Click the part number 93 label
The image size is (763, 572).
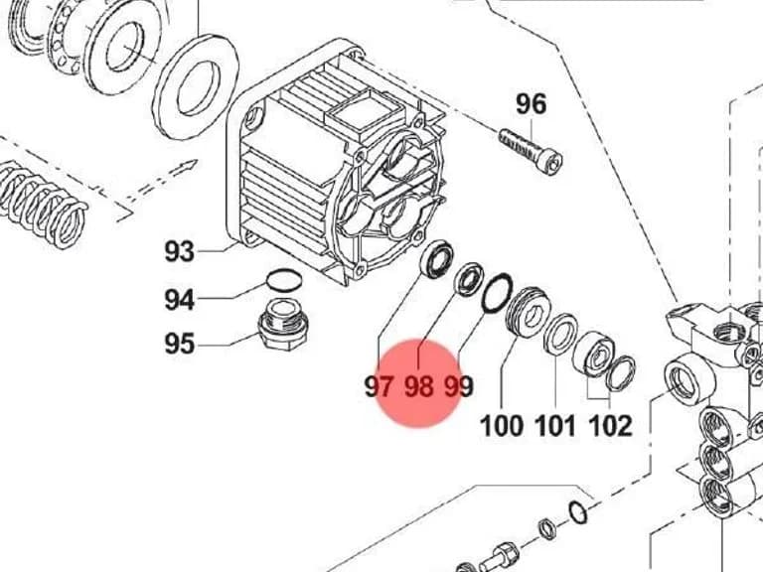[179, 251]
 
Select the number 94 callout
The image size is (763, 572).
[179, 299]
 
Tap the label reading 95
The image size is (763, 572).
[179, 344]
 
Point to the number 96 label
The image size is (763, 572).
[531, 104]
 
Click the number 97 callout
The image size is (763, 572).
[380, 386]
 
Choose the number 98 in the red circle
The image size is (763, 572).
[419, 386]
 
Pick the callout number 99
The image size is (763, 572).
[459, 386]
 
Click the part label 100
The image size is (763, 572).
[501, 426]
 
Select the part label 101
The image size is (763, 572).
[554, 426]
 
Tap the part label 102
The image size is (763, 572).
[610, 426]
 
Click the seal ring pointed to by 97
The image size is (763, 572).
[436, 258]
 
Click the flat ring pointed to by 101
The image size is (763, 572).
[560, 334]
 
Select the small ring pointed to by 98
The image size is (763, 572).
[469, 279]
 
